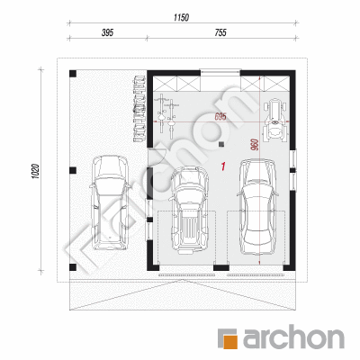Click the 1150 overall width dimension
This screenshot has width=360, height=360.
[181, 17]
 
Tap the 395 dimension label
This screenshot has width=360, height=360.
[107, 32]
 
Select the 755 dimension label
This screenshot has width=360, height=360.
[220, 32]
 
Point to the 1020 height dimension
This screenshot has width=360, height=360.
[35, 171]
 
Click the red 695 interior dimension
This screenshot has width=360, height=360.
[220, 117]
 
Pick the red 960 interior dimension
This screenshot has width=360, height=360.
[255, 145]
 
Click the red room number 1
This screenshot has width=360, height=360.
[223, 166]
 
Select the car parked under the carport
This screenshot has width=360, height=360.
[110, 202]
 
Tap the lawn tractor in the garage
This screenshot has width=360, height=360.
[274, 120]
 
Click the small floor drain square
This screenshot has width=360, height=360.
[221, 145]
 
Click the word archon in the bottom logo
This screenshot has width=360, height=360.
[293, 339]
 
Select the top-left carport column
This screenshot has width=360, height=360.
[73, 74]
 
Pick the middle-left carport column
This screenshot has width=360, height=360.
[73, 170]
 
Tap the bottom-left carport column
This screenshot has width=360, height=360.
[73, 267]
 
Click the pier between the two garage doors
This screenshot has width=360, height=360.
[221, 267]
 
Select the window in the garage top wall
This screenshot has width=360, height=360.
[220, 72]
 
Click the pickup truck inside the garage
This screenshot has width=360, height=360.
[189, 210]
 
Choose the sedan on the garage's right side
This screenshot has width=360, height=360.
[258, 207]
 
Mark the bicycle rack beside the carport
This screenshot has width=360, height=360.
[139, 109]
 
